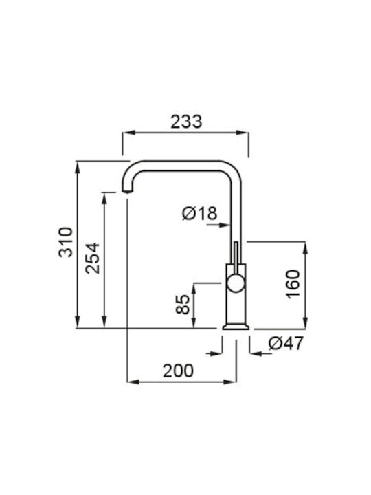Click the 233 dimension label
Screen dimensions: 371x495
[186, 122]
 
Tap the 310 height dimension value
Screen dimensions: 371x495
[66, 242]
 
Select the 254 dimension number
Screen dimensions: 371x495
[93, 258]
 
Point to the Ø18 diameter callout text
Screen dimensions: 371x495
[200, 213]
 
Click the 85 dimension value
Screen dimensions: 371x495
[183, 304]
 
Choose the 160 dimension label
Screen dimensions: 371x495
[293, 283]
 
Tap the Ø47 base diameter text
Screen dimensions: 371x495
[286, 343]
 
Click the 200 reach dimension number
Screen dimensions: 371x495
[178, 371]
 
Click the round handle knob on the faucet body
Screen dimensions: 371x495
[236, 283]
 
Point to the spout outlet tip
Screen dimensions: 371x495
[127, 191]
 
